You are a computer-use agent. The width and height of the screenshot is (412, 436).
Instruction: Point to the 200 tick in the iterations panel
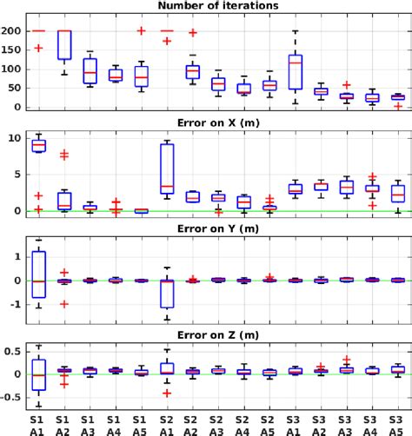tap(18, 30)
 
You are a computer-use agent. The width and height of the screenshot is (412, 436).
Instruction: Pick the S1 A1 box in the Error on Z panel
tap(38, 374)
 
